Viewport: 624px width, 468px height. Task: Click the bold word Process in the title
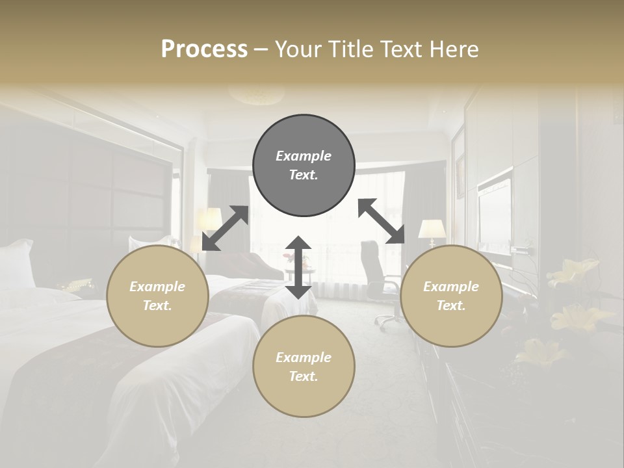click(204, 49)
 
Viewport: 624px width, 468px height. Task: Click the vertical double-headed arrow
click(298, 267)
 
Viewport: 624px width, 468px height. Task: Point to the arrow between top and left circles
click(226, 228)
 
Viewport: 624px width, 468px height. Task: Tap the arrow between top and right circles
click(382, 221)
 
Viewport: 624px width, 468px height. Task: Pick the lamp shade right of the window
click(432, 229)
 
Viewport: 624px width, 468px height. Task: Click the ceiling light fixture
click(257, 94)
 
